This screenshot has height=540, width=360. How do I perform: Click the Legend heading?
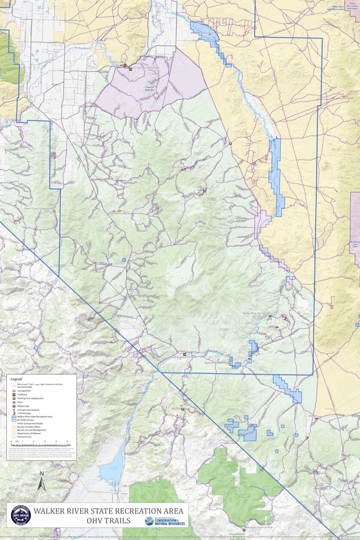[16, 379]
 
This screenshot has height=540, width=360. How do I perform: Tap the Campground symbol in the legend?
[14, 391]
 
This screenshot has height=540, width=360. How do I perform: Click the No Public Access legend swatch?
[14, 420]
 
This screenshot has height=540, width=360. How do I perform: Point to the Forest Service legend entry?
[24, 436]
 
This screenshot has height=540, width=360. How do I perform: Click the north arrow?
[41, 481]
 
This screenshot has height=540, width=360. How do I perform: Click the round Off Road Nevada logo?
[21, 515]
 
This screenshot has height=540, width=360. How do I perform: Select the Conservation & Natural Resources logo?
[165, 521]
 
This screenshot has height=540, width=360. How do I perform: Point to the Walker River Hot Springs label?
[255, 313]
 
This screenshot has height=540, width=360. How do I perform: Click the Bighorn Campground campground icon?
[229, 364]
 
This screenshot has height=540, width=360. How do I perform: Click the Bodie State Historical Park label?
[258, 527]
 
